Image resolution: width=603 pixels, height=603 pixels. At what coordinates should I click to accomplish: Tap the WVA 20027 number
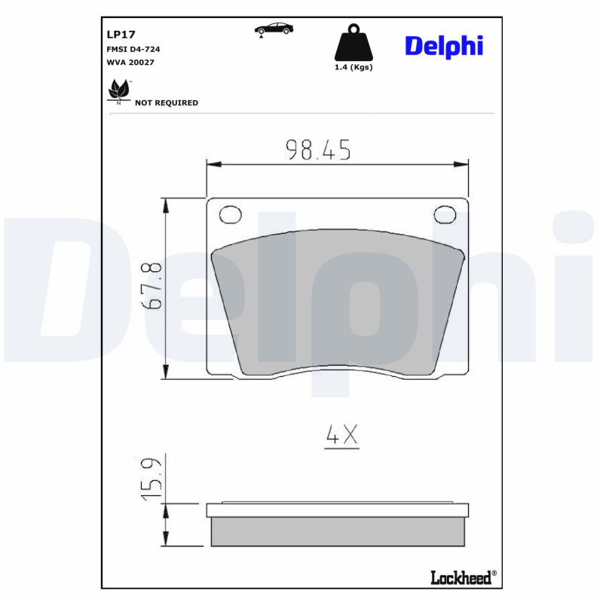coord(131,62)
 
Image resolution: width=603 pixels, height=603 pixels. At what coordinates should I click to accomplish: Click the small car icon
coord(274,29)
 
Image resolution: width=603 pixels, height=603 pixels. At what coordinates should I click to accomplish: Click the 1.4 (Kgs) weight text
coord(354,67)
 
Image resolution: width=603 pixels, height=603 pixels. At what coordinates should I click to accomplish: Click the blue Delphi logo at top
coord(443,45)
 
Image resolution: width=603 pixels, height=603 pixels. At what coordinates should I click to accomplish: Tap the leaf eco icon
coord(119,90)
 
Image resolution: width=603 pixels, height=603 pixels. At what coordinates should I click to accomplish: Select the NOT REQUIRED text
coord(166,103)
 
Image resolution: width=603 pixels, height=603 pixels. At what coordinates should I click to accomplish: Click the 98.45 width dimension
coord(317,150)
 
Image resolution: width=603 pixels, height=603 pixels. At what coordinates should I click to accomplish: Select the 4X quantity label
coord(341,435)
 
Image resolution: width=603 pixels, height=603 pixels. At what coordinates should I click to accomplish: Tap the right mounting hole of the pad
coord(445,216)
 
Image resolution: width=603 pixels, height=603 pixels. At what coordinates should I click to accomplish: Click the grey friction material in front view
coord(338,301)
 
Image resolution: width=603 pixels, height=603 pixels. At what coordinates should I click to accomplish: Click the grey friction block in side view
coord(338,531)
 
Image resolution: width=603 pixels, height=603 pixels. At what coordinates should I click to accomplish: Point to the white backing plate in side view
coord(338,510)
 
